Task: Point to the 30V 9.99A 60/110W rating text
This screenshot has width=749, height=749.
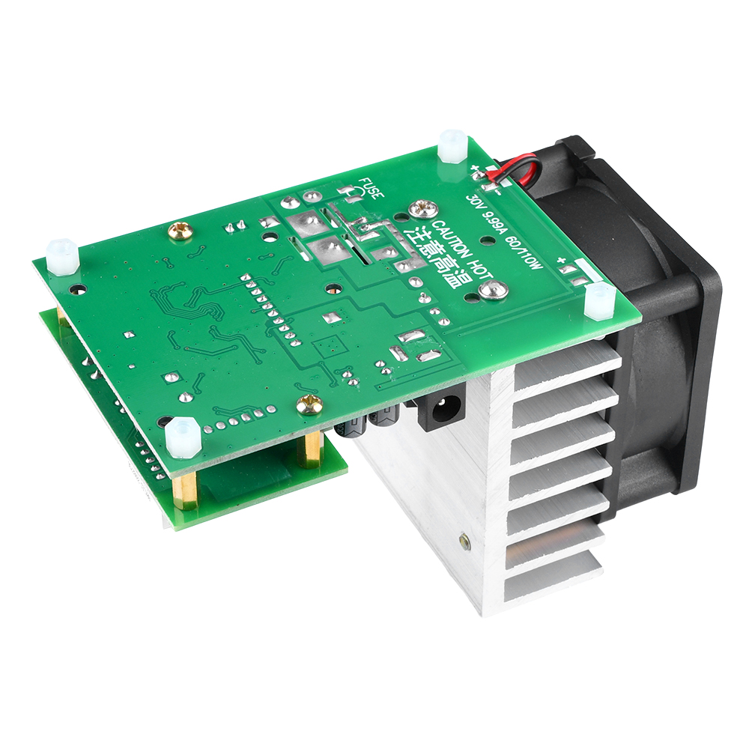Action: pyautogui.click(x=503, y=232)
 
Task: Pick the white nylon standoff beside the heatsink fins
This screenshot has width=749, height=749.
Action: pyautogui.click(x=599, y=301)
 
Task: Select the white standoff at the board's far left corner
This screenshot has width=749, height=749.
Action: pyautogui.click(x=61, y=256)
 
